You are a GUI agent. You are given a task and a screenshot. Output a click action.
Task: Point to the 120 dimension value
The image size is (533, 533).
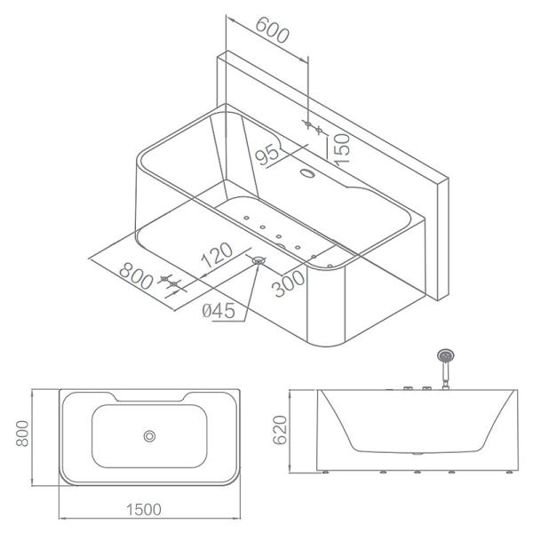[217, 255]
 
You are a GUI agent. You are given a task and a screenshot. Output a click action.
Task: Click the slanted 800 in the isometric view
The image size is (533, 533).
[136, 274]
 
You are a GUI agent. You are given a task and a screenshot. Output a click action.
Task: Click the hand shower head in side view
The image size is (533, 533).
[442, 358]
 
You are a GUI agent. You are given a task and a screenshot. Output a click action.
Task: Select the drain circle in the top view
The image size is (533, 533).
[149, 435]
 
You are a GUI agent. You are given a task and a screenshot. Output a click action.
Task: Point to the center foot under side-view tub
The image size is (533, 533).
[418, 473]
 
